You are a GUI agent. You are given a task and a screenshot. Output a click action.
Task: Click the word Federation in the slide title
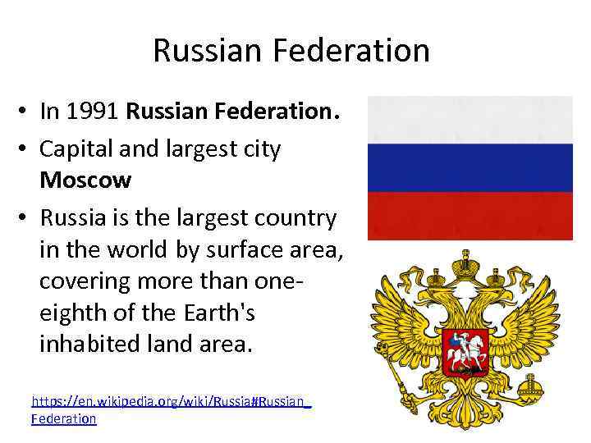352,51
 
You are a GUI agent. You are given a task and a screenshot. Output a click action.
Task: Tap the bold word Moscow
85,178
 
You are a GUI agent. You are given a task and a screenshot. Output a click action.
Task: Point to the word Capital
78,149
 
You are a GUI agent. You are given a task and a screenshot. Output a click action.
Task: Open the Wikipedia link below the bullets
171,402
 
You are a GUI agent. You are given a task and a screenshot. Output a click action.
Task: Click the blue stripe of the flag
470,168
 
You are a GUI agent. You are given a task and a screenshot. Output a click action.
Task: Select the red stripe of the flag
470,216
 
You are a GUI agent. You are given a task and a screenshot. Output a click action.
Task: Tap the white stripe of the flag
470,120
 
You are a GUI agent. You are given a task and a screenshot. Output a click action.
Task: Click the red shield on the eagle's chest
465,351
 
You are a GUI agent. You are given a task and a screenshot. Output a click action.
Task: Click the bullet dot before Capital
26,150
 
